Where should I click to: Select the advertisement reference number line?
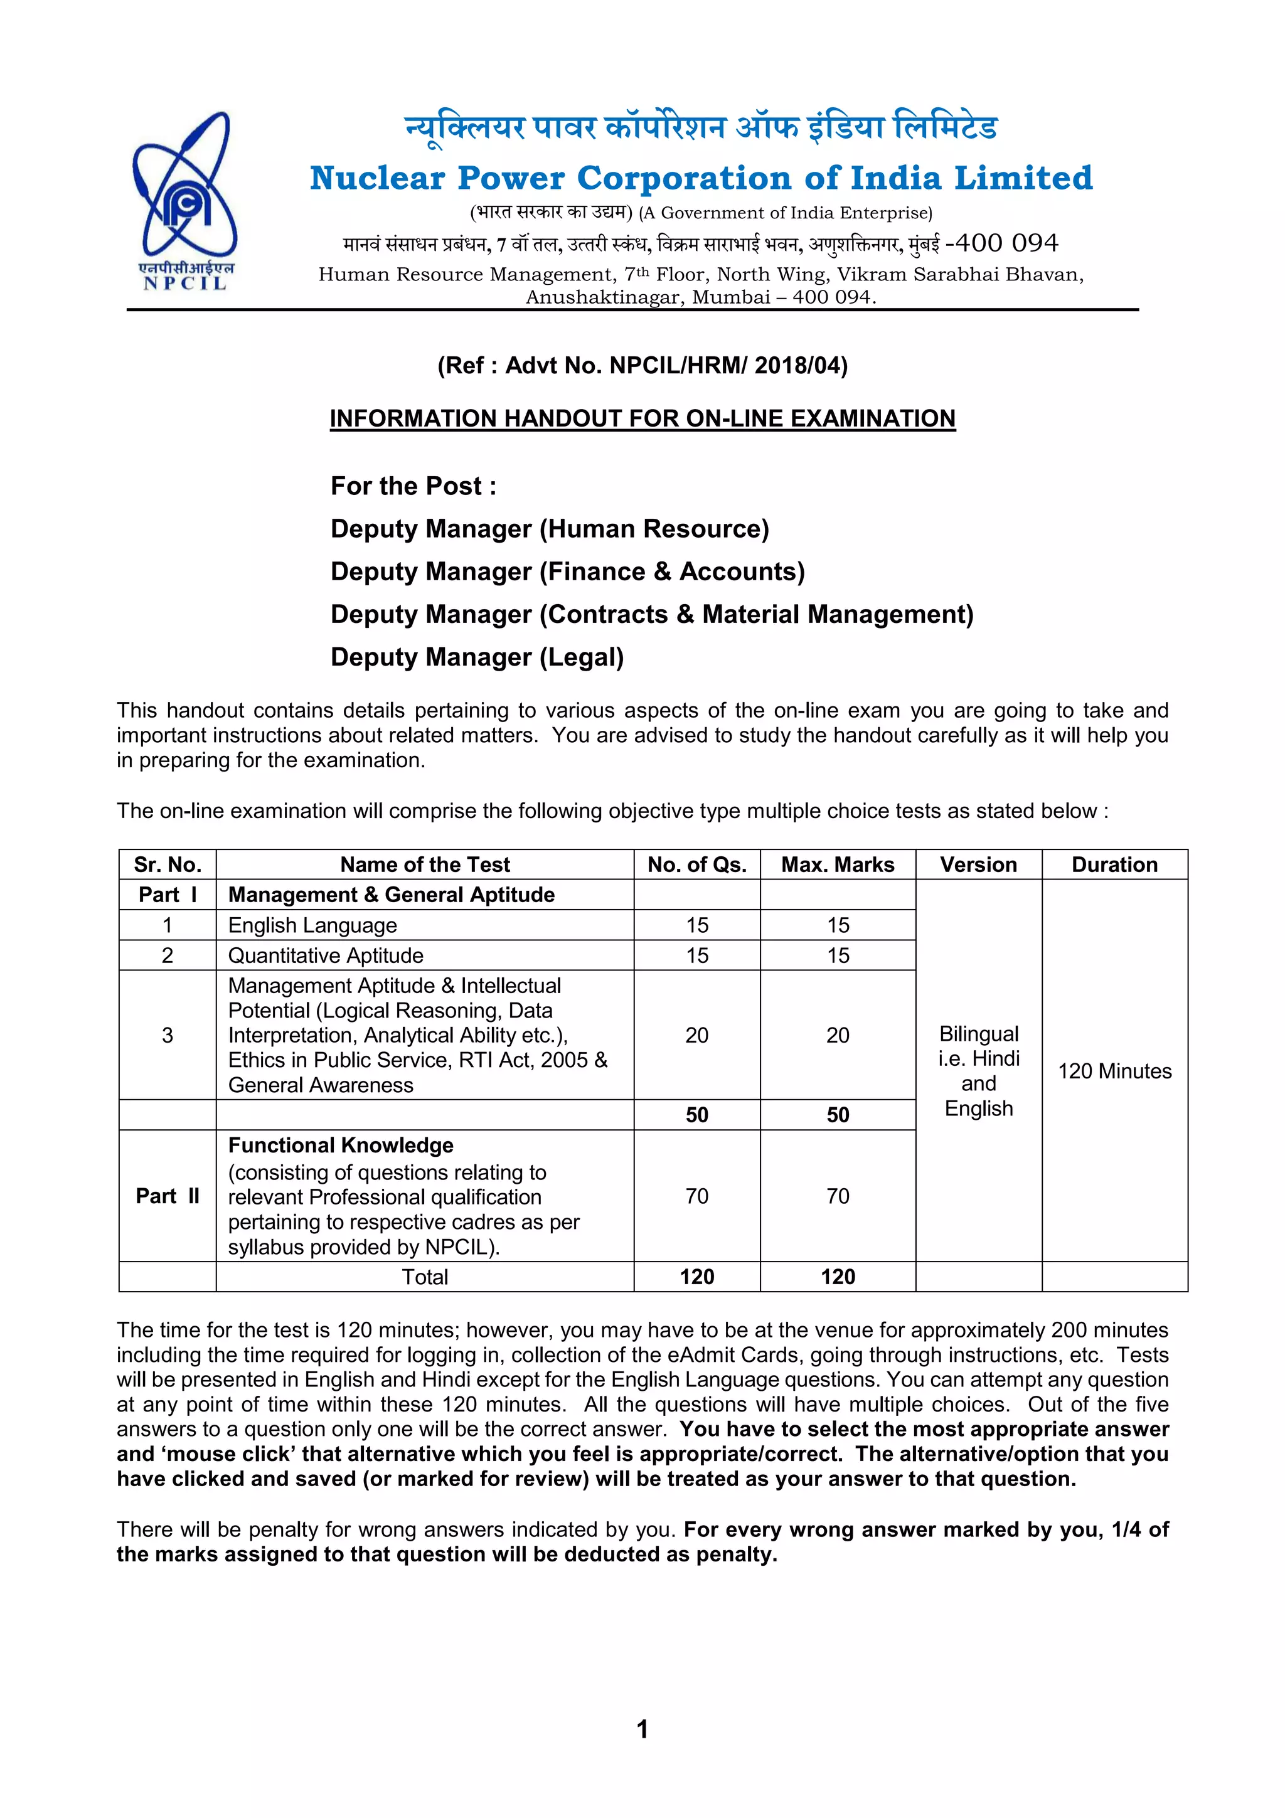coord(642,366)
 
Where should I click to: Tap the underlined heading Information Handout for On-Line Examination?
coord(642,418)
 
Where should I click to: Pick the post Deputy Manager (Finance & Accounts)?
coord(567,571)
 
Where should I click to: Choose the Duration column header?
coord(1114,864)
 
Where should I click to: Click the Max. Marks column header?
coord(838,864)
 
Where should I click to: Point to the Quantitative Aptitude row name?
coord(326,955)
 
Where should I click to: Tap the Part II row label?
coord(167,1196)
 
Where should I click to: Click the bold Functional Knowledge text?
coord(341,1145)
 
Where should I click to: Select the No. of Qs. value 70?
coord(696,1196)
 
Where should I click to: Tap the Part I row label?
coord(167,895)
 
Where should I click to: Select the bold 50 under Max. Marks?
coord(838,1115)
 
